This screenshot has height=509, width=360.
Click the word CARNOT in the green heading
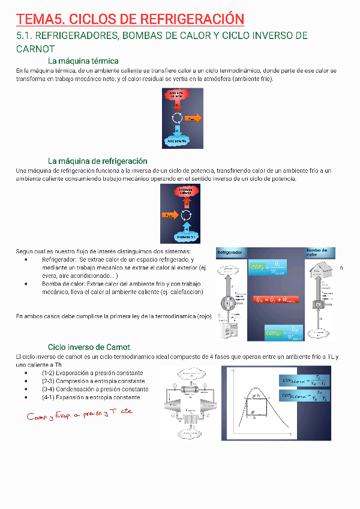pyautogui.click(x=35, y=49)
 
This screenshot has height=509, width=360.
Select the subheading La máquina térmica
pyautogui.click(x=83, y=61)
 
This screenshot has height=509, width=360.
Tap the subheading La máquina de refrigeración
pyautogui.click(x=97, y=161)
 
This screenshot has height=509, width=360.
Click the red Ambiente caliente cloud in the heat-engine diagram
pyautogui.click(x=176, y=95)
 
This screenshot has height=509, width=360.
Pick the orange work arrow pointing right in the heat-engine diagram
pyautogui.click(x=193, y=118)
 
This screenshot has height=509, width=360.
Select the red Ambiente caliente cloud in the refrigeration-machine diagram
pyautogui.click(x=189, y=191)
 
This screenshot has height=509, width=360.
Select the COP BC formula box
pyautogui.click(x=283, y=333)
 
